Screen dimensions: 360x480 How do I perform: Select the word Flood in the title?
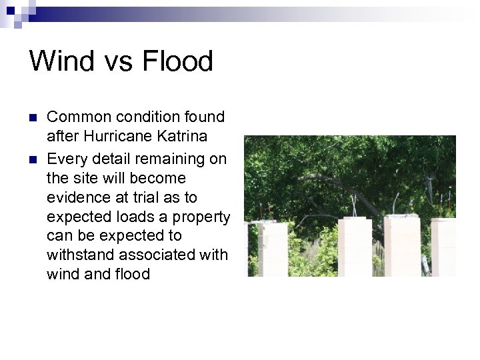click(177, 62)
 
